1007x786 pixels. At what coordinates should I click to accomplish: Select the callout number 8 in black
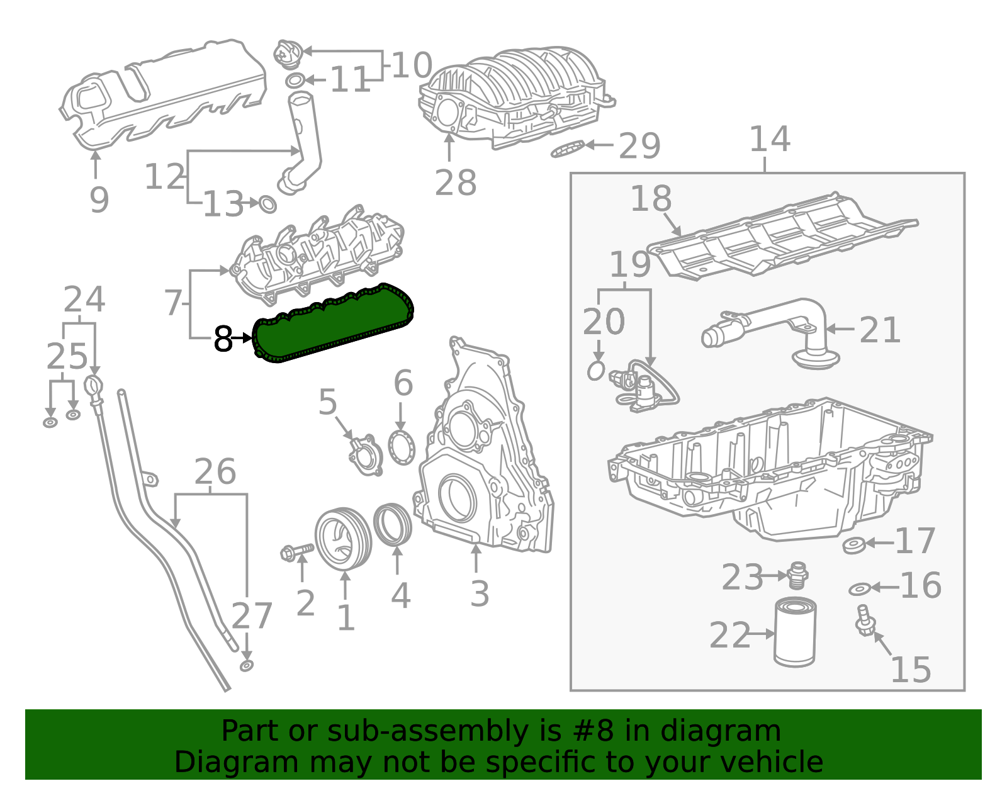[223, 339]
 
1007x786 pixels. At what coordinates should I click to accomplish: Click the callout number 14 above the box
[769, 140]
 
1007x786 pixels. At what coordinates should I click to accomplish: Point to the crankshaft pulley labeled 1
[343, 539]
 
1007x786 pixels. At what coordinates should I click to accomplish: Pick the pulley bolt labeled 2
[296, 552]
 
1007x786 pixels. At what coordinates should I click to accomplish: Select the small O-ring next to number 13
[268, 205]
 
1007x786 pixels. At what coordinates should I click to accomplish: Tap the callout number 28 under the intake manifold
[456, 183]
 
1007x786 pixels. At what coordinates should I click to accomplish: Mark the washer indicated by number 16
[859, 589]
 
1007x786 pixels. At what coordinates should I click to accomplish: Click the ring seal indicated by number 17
[853, 544]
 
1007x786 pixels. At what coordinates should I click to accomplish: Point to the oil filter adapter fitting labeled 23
[797, 575]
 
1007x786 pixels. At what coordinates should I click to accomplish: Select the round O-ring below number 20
[596, 371]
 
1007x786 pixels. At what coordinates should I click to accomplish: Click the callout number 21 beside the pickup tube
[880, 330]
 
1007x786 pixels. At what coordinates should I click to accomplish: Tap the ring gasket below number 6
[402, 447]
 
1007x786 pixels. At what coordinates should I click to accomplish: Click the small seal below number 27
[247, 666]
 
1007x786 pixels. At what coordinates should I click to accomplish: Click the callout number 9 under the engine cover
[99, 200]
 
